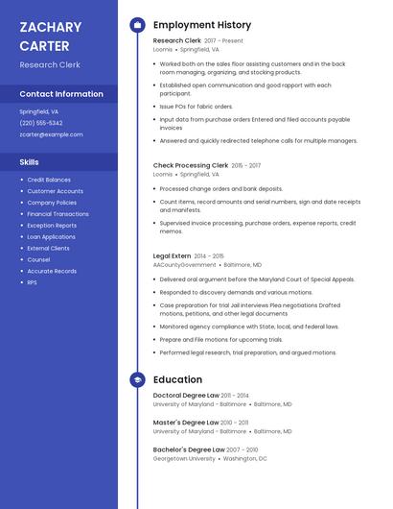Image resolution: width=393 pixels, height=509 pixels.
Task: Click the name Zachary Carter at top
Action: pos(50,36)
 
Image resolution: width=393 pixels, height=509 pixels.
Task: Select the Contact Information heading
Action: pos(61,94)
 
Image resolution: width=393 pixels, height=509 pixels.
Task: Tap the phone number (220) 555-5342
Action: pos(41,123)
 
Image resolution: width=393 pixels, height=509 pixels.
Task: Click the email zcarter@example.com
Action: pos(51,134)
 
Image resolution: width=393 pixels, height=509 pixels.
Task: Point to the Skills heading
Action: pos(30,162)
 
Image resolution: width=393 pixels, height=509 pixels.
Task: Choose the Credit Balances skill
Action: pos(49,180)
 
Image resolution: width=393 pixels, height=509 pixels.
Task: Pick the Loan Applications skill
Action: pos(51,236)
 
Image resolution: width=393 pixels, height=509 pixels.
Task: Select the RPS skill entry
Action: pos(32,282)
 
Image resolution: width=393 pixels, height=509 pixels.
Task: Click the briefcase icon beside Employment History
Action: pos(137,25)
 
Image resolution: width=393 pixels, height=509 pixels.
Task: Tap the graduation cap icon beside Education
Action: pos(137,379)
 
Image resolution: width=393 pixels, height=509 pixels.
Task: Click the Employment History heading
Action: pos(202,25)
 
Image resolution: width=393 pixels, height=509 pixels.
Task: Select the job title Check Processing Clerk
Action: pos(191,165)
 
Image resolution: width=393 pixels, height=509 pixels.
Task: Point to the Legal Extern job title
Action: pos(172,256)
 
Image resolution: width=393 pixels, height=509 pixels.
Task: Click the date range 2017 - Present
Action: pos(223,41)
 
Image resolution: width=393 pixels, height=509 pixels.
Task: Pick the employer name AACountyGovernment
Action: pos(184,265)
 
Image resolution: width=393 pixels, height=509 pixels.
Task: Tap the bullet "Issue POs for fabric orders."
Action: pos(196,107)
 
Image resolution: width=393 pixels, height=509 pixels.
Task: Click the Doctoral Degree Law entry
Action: pos(186,396)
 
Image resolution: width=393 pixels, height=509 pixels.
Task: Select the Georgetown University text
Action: pos(184,458)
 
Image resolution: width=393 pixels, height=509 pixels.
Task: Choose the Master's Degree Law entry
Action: pos(186,423)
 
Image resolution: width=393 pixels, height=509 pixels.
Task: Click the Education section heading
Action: pos(177,379)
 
